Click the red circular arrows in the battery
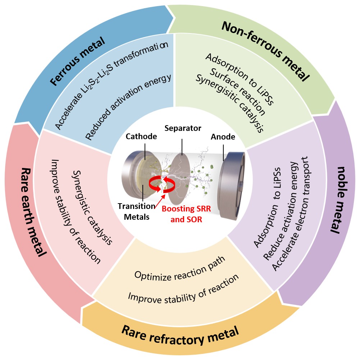click(164, 183)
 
